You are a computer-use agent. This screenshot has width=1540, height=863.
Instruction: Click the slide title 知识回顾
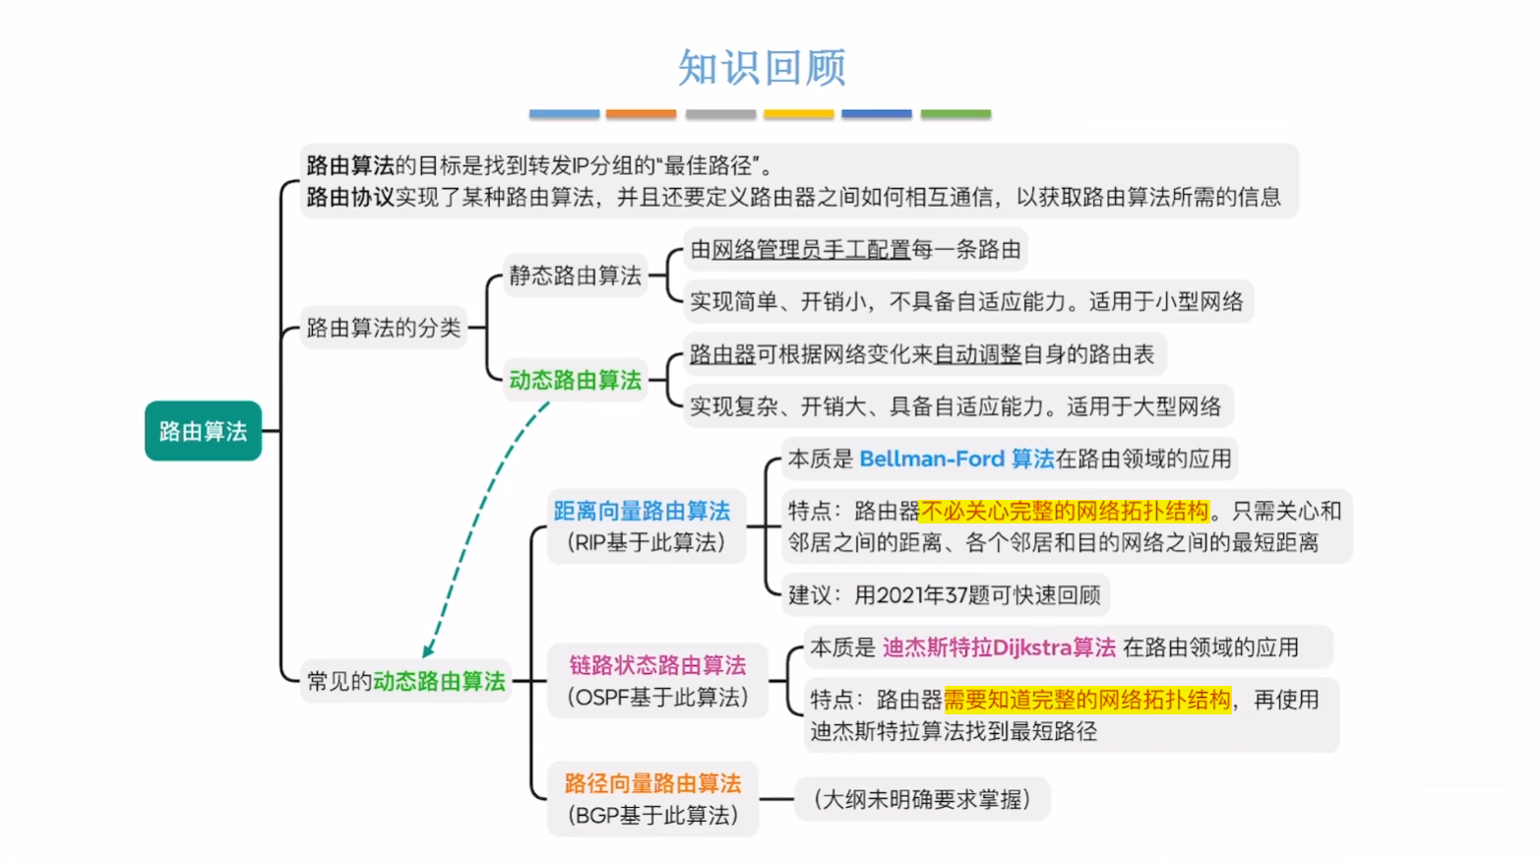pos(762,68)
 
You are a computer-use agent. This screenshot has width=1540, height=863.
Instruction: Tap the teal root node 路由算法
pos(203,431)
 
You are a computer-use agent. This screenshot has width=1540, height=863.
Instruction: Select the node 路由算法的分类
pos(383,328)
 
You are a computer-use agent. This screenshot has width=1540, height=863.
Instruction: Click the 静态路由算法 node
pos(575,276)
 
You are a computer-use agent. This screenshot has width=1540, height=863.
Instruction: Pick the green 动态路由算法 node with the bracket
pos(575,380)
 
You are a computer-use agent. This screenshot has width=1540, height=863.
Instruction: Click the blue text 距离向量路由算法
pos(642,511)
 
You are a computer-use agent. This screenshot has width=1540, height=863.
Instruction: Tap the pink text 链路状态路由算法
pos(657,665)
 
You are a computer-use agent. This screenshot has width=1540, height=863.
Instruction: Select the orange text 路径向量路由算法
pos(652,783)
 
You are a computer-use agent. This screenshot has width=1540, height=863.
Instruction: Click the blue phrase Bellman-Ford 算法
pos(956,459)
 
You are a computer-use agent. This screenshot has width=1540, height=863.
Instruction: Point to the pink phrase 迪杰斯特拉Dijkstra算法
pos(999,647)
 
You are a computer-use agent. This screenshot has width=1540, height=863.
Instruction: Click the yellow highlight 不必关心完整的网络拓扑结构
pos(1065,511)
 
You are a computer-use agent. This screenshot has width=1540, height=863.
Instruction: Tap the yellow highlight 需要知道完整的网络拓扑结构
pos(1087,700)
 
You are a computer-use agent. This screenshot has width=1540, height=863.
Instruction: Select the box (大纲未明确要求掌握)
pos(922,799)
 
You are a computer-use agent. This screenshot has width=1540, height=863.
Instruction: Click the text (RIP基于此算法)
pos(647,542)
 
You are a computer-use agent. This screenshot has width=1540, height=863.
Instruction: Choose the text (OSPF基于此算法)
pos(657,698)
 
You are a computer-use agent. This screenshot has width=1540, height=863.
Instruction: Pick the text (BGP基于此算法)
pos(652,816)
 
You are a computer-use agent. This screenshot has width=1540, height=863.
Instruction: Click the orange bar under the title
pos(641,114)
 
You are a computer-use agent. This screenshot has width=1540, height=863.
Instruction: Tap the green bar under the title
pos(955,114)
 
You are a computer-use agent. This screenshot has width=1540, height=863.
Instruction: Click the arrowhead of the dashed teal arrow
pos(428,650)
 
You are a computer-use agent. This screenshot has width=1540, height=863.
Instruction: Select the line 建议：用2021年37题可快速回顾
pos(944,594)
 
